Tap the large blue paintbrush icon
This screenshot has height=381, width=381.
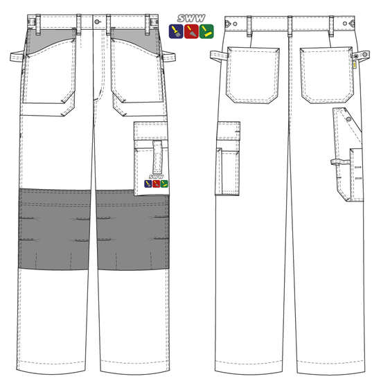[176, 30]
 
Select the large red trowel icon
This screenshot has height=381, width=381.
[190, 30]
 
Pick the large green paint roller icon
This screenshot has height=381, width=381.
[206, 30]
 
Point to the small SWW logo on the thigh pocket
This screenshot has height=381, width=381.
[157, 183]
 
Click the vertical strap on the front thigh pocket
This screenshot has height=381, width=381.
[157, 156]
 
